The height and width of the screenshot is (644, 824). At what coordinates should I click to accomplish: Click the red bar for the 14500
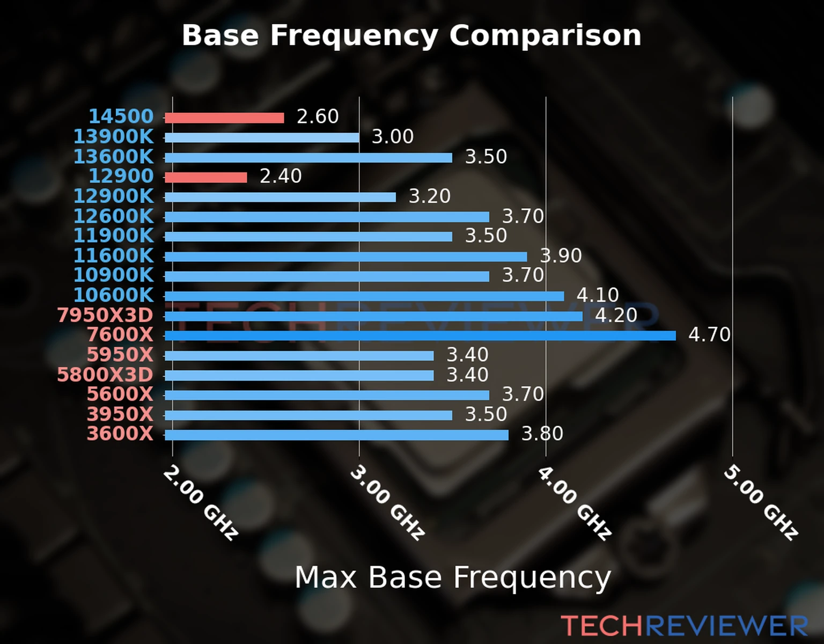[x=224, y=118]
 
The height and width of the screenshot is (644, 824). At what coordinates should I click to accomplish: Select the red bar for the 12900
[x=206, y=177]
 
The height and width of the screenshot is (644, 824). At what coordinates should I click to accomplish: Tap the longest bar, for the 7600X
[x=420, y=336]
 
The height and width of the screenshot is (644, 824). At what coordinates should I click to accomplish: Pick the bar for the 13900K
[x=262, y=138]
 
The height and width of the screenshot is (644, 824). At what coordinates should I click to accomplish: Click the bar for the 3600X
[x=336, y=435]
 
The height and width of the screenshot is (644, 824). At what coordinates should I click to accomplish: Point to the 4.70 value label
[x=709, y=335]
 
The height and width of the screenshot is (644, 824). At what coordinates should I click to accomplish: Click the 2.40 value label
[x=281, y=176]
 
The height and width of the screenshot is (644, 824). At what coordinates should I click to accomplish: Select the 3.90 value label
[x=561, y=255]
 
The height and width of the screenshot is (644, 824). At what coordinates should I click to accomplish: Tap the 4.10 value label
[x=598, y=295]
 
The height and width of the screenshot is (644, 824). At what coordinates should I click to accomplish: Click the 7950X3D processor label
[x=105, y=315]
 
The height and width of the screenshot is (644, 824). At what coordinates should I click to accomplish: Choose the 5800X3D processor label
[x=105, y=375]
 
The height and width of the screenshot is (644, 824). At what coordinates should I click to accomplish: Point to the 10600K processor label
[x=113, y=295]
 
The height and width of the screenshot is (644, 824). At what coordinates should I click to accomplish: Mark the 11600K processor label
[x=113, y=255]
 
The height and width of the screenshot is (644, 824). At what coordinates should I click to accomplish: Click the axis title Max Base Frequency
[x=453, y=578]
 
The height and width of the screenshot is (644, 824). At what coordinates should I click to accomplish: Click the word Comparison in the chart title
[x=545, y=35]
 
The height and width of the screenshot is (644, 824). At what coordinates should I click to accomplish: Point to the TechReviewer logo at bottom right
[x=684, y=626]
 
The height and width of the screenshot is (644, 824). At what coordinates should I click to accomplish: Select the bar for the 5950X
[x=299, y=356]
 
